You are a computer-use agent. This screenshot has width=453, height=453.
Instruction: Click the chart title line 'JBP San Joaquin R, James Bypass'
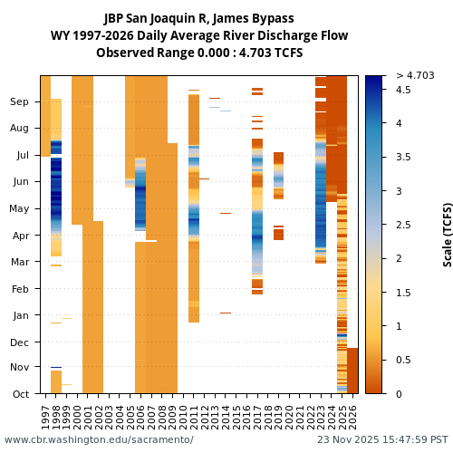(198, 18)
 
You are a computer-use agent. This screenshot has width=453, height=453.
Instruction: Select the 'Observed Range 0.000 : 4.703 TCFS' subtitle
(198, 53)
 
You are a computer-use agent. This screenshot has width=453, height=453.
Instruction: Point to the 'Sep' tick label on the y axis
(19, 102)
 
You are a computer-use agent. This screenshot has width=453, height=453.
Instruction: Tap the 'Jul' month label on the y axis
(22, 156)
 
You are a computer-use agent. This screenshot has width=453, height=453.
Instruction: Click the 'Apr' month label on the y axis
(20, 235)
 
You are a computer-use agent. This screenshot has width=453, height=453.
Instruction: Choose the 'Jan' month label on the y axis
(20, 315)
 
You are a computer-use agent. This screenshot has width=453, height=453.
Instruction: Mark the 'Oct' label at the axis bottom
(20, 394)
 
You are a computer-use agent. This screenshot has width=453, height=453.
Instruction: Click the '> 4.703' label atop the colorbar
(415, 75)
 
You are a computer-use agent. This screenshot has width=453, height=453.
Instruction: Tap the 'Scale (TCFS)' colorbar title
(448, 234)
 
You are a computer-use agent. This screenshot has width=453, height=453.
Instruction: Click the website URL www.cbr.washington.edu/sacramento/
(99, 440)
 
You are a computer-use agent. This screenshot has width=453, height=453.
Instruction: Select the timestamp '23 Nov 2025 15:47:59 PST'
(382, 440)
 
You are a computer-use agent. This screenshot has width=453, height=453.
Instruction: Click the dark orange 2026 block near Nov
(352, 370)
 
